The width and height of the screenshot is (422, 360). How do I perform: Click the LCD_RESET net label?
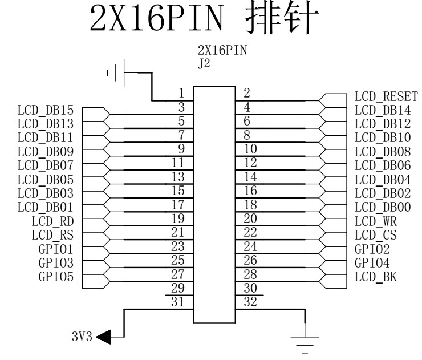pos(386,96)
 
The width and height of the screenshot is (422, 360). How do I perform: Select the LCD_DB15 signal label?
pos(46,110)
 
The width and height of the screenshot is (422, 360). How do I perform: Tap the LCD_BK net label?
pos(376,277)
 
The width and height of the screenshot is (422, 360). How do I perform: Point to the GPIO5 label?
pos(56,277)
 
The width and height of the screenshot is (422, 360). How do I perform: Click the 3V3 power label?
pos(82,337)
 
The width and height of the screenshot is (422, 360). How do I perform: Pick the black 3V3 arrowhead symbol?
pos(103,337)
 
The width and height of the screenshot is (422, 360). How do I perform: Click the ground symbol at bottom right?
pos(305,345)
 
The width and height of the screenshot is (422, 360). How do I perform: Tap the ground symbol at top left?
pos(116,72)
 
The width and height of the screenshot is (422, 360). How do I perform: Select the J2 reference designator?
pos(204,64)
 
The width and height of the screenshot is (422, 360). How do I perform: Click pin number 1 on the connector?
pos(181,93)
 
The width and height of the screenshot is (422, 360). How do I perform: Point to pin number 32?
pos(250,302)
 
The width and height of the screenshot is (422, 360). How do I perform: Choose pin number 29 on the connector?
pos(178,288)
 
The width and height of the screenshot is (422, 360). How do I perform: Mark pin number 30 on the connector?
pos(250,288)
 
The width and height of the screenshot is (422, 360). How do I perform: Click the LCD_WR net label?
pos(376,221)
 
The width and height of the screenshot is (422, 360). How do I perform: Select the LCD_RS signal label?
pos(52,235)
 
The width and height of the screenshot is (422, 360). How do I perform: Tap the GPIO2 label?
pos(372,249)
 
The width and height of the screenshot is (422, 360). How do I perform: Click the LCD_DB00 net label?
pos(383,207)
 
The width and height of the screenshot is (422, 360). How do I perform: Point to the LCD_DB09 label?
pos(46,152)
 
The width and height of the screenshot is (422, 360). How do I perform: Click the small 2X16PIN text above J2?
pos(222,50)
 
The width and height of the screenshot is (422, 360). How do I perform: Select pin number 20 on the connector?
pos(250,219)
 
